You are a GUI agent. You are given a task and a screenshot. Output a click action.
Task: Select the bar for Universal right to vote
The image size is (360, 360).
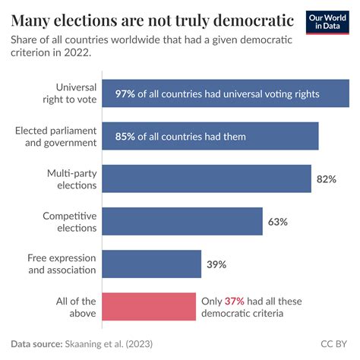[x=225, y=94]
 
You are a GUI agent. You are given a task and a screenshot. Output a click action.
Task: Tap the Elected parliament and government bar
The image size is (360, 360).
[x=210, y=137]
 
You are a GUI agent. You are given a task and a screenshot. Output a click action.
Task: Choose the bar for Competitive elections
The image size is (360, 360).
[x=182, y=222]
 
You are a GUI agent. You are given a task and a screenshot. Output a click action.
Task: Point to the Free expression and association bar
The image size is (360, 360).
[x=151, y=264]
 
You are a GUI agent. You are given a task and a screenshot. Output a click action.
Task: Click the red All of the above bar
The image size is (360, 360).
[x=149, y=307]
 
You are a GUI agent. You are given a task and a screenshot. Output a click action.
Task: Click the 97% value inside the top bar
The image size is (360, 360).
[x=126, y=94]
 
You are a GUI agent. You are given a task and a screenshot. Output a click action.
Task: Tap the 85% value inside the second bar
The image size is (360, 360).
[x=126, y=137]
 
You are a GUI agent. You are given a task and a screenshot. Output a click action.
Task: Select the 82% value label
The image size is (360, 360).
[x=326, y=179]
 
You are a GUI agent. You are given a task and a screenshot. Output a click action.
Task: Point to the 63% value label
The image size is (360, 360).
[x=277, y=222]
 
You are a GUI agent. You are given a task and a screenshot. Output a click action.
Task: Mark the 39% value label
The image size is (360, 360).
[x=216, y=264]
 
